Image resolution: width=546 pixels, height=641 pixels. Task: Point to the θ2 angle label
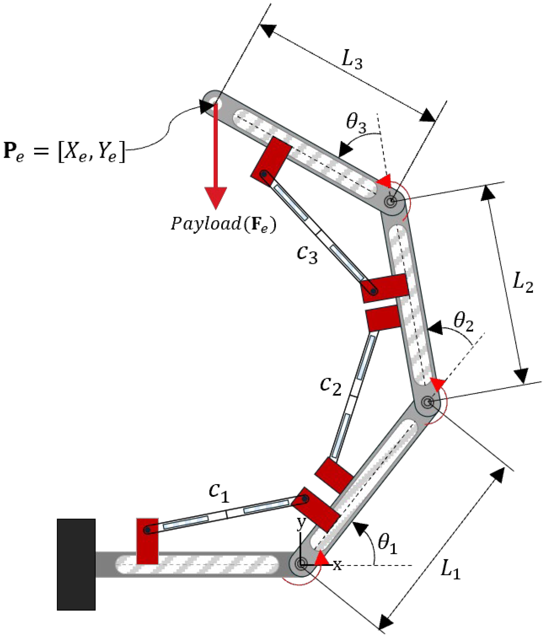click(463, 322)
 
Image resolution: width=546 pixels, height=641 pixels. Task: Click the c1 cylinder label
click(219, 492)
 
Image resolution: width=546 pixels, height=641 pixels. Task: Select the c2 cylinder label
click(331, 386)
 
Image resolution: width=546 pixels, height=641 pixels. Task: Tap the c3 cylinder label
click(307, 254)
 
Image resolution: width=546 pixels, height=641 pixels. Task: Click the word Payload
click(206, 224)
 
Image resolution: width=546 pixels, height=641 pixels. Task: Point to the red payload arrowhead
click(215, 197)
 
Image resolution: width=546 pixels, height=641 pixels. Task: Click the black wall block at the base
click(76, 564)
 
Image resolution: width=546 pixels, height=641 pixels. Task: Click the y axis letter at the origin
click(301, 522)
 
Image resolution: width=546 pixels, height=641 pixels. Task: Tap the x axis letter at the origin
click(337, 565)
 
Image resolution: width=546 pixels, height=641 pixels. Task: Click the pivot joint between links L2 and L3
click(391, 201)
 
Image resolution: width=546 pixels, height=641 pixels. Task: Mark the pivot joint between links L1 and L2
click(428, 402)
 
